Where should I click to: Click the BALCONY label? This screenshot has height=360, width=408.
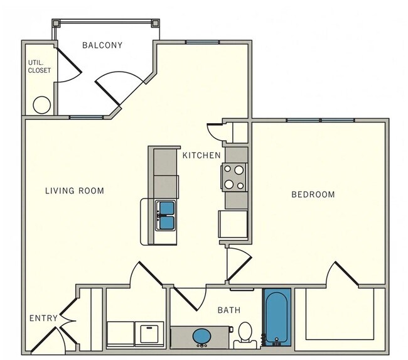102,45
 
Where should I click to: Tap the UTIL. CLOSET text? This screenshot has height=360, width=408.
38,66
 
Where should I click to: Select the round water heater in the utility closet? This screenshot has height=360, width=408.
41,104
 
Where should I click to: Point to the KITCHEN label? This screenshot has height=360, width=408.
201,155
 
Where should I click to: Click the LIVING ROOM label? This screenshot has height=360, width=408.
75,190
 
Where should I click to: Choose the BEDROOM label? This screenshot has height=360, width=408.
313,194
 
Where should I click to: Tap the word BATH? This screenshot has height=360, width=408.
228,310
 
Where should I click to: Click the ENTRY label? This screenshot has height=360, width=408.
43,319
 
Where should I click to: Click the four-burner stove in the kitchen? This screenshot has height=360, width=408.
235,177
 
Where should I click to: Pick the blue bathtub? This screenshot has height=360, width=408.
276,318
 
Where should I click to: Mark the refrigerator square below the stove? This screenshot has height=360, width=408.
232,224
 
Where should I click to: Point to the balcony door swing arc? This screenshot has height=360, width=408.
119,85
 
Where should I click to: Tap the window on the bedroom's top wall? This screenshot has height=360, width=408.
321,120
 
